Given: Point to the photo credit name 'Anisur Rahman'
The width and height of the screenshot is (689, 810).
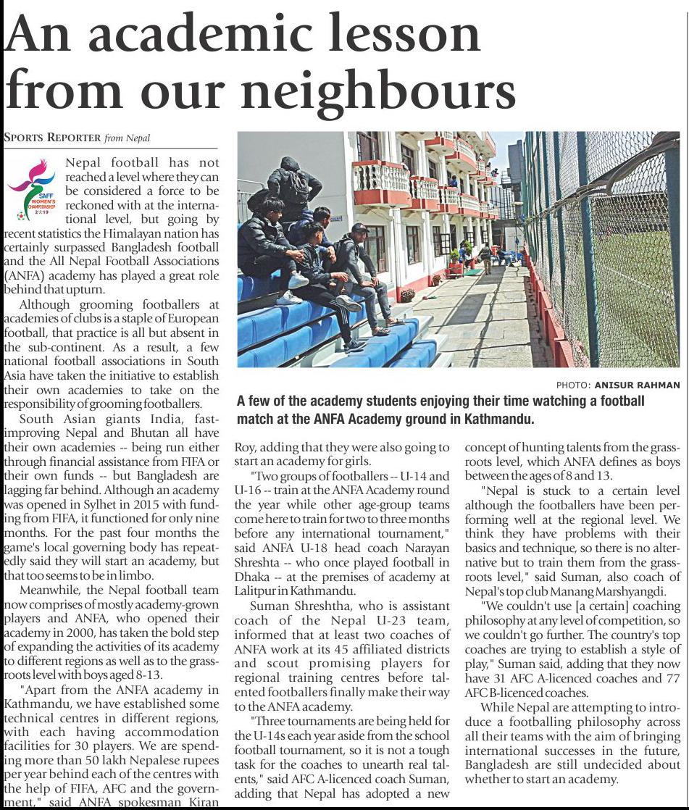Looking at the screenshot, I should [x=638, y=385].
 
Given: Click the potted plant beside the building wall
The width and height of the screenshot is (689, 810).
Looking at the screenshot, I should [x=407, y=295].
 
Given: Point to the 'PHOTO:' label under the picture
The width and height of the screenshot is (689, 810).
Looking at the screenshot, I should [x=572, y=385].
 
